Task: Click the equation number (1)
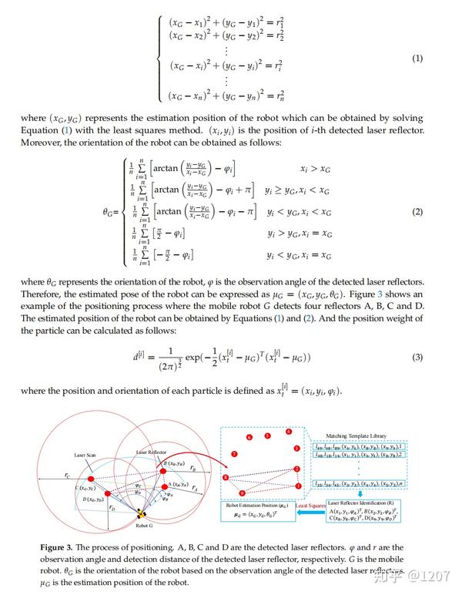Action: click(417, 59)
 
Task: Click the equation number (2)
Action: click(417, 212)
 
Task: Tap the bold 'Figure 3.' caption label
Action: click(61, 546)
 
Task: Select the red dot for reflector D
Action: click(107, 491)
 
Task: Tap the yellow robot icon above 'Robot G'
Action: click(141, 514)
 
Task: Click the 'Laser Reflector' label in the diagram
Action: click(152, 451)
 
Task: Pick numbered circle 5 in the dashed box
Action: click(267, 435)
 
